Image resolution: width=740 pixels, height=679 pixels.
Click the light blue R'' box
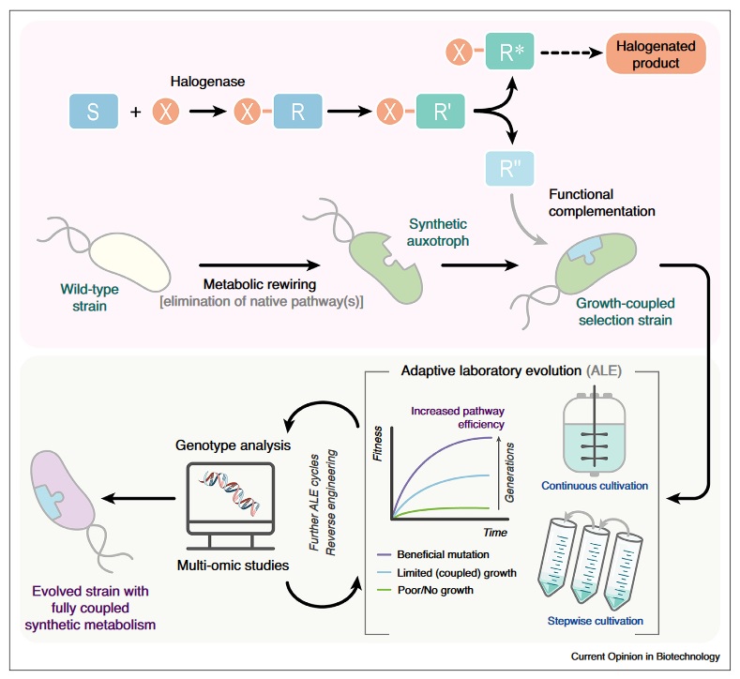[510, 169]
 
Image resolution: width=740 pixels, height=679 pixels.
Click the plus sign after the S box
[135, 113]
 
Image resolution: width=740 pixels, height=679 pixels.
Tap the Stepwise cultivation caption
[595, 621]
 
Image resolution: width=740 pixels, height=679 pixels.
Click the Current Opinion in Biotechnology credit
[645, 657]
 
